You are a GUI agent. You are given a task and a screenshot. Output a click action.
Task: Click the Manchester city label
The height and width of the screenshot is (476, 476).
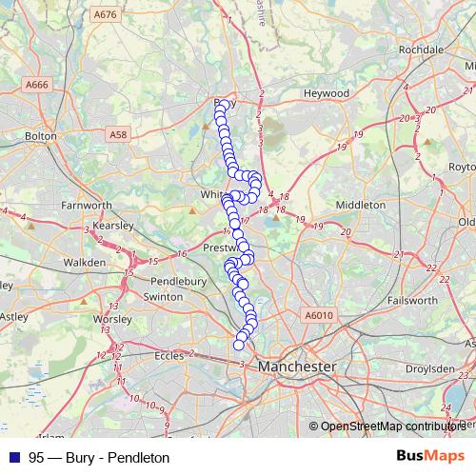pos(297,366)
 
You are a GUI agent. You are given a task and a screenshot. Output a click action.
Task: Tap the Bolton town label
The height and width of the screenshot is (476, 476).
pos(42,136)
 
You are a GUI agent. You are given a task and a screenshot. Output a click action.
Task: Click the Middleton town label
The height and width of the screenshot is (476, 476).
pos(361,204)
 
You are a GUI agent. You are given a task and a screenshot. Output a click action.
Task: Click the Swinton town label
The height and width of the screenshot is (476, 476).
pos(162,297)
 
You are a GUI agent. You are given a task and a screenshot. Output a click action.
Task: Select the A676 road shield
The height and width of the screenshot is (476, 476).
pos(107,14)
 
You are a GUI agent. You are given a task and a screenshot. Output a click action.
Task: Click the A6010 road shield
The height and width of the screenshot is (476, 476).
pos(321,315)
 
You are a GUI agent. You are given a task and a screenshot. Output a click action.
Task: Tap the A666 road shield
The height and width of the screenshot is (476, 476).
pos(37,85)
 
